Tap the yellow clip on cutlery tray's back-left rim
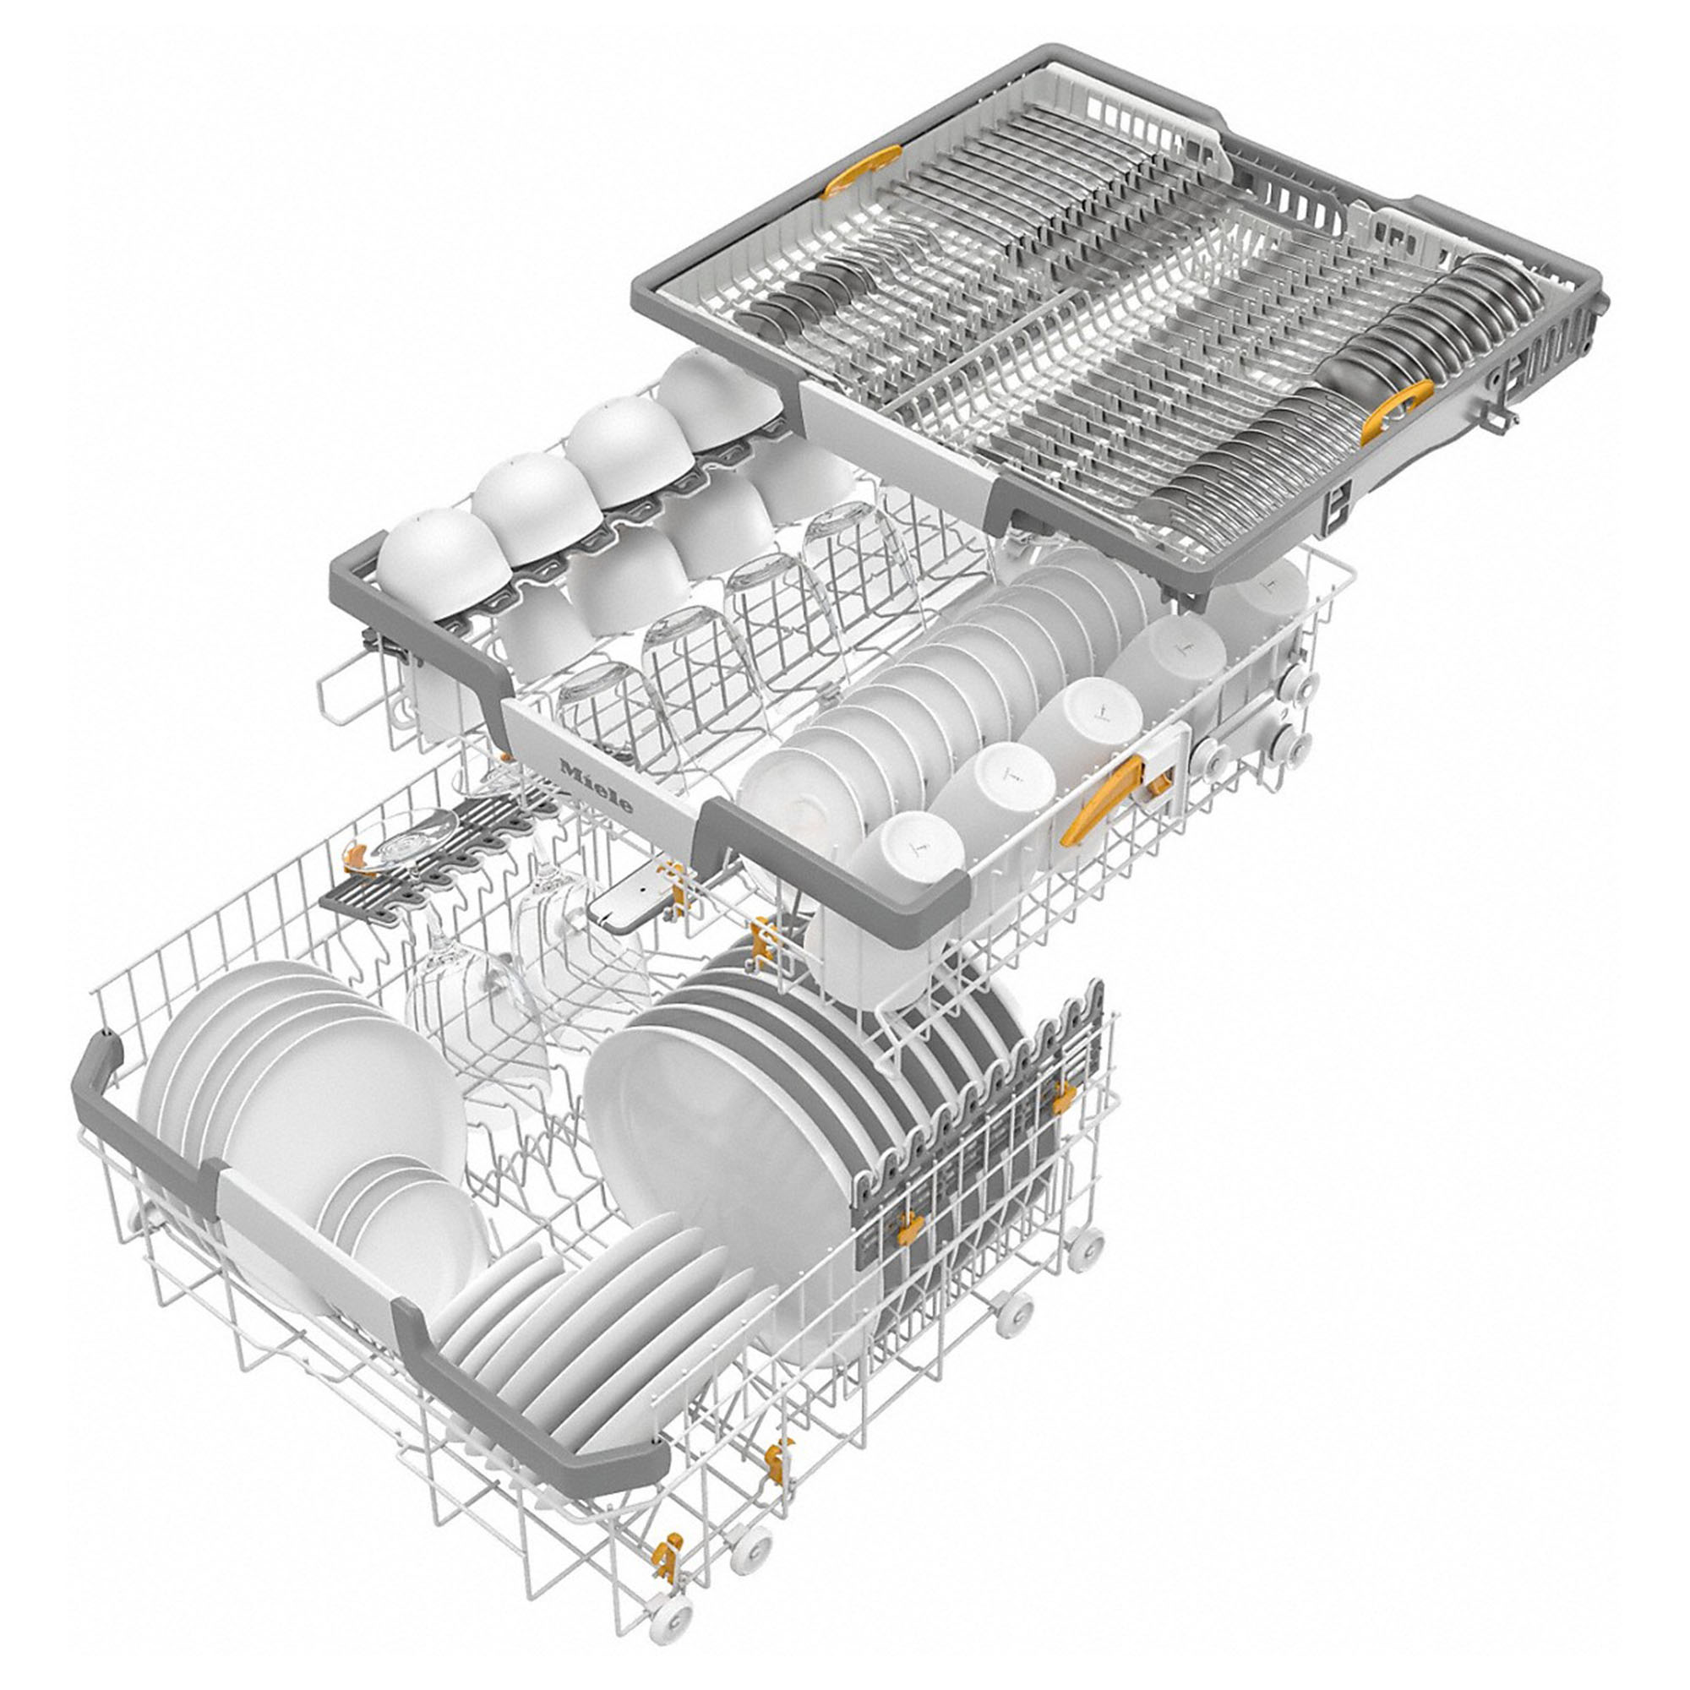(x=848, y=173)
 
